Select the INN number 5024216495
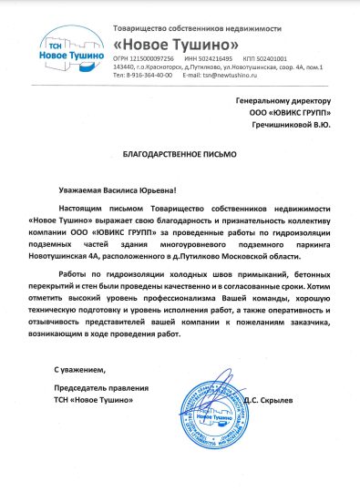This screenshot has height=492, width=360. point(212,59)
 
